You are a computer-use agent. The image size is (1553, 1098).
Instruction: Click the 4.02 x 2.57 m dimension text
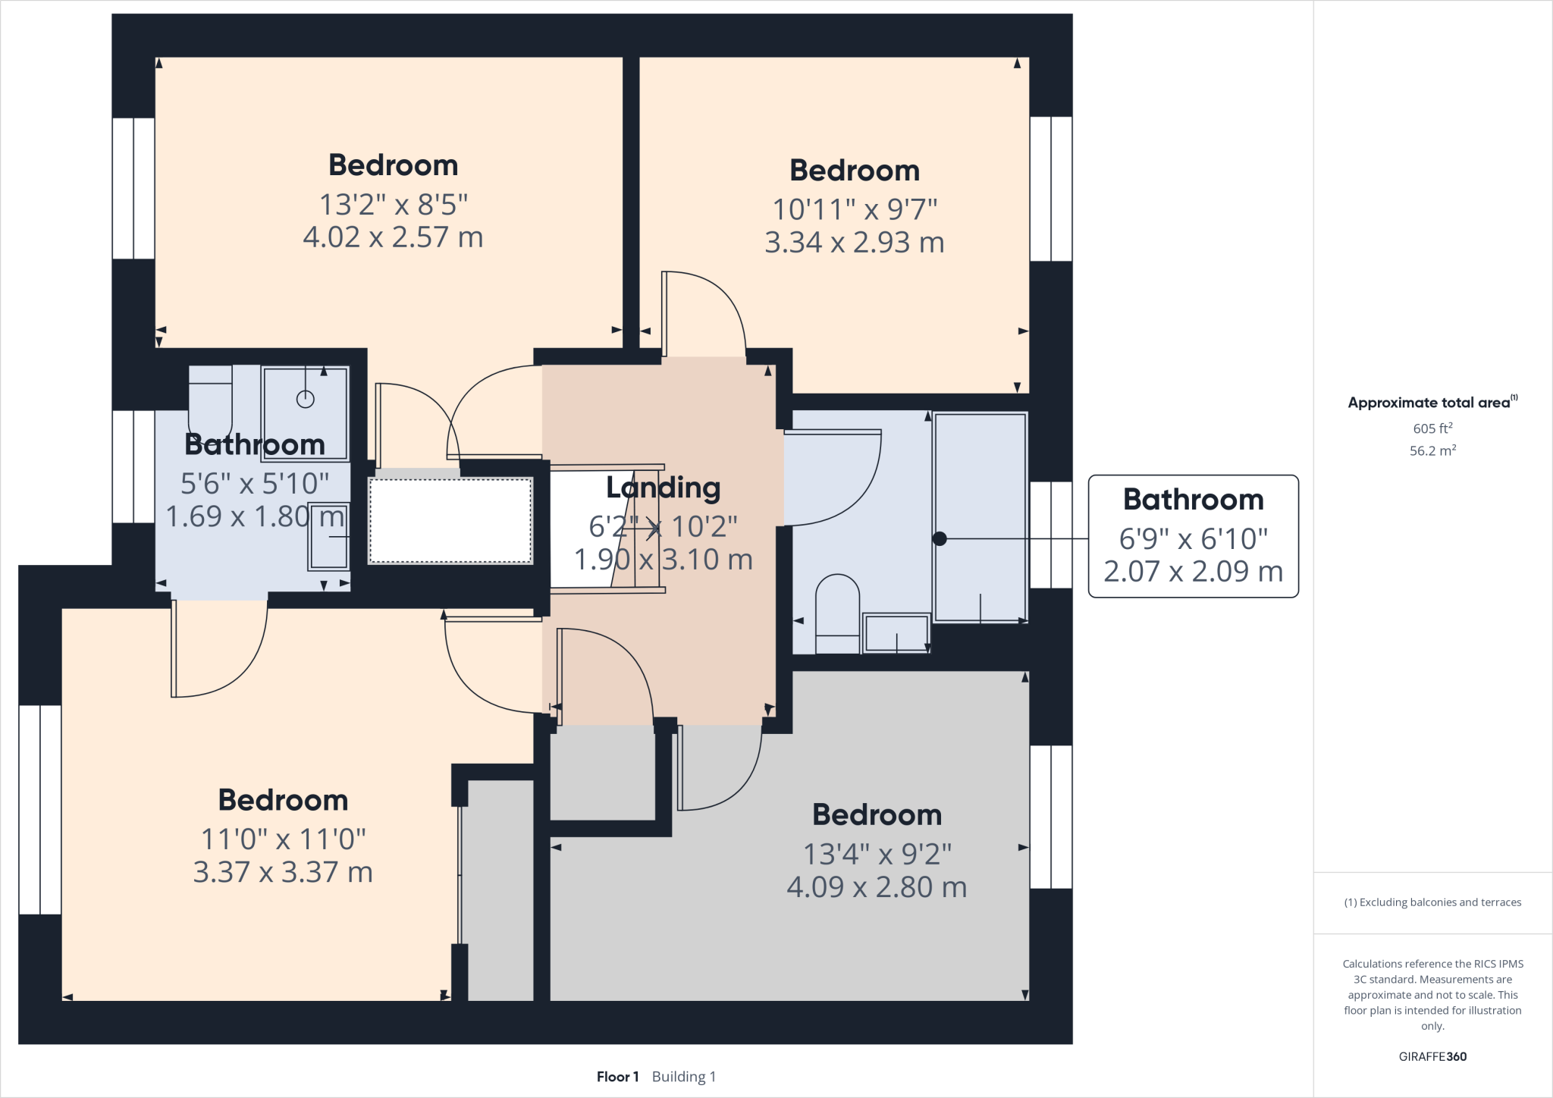[393, 237]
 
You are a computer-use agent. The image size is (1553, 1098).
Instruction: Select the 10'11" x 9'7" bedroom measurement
[855, 209]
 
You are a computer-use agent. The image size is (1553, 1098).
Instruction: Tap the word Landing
[663, 488]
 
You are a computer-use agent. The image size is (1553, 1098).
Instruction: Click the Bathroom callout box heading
[1193, 500]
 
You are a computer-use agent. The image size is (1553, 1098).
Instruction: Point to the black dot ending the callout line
[940, 538]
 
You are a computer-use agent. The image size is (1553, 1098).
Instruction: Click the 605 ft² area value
[1432, 428]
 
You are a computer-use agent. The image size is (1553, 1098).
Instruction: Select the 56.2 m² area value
[1432, 450]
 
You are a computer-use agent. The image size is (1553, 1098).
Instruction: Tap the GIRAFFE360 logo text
[1432, 1056]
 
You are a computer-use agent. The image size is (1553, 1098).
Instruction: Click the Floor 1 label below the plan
[617, 1077]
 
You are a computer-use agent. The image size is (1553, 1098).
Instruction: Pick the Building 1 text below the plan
[683, 1077]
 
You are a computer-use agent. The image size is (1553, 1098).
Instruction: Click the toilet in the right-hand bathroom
[837, 614]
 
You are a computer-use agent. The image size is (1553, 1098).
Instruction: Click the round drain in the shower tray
[305, 399]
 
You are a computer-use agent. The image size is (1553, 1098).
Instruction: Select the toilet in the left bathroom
[210, 398]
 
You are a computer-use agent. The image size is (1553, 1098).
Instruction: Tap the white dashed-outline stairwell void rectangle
[450, 521]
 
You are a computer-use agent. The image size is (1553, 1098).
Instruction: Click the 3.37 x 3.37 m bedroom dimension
[283, 872]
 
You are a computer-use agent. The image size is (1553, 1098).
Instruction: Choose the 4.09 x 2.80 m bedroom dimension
[877, 887]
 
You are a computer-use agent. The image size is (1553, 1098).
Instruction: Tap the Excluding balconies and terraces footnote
[1432, 902]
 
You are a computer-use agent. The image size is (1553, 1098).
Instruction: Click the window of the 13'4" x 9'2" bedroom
[1050, 817]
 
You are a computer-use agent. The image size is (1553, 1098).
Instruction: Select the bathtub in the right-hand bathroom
[980, 518]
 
